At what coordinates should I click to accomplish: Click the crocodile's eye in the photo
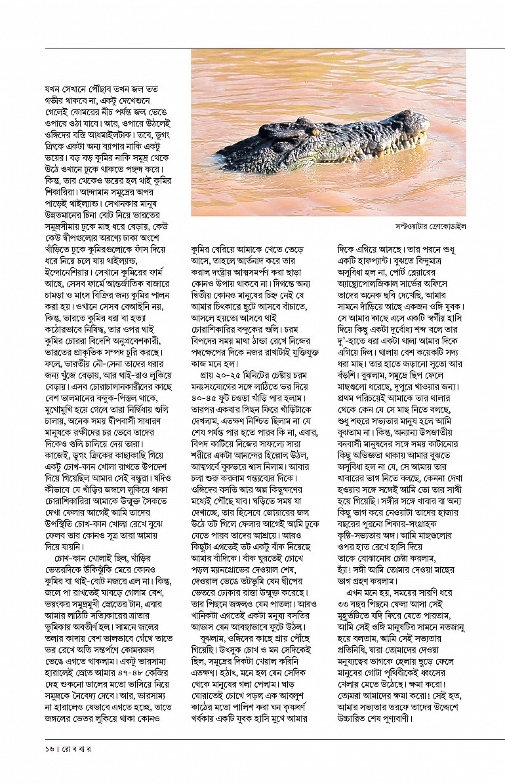tap(316, 132)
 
